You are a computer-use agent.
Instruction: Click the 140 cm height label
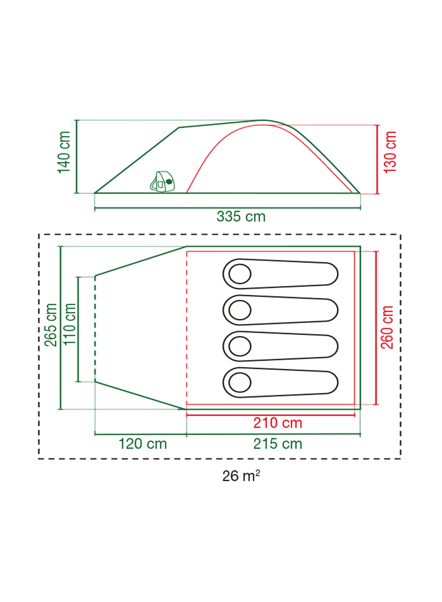coord(64,152)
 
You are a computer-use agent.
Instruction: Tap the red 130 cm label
coord(390,152)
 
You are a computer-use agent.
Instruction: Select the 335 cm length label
coord(241,216)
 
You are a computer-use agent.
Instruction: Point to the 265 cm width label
coord(50,325)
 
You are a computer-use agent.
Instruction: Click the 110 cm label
coord(70,324)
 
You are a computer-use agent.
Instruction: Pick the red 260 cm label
coord(387,327)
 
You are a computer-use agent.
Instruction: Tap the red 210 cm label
coord(278,423)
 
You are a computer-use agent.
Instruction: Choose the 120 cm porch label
coord(143,444)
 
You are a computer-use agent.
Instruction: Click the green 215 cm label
coord(278,444)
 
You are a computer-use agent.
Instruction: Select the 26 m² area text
coord(241,476)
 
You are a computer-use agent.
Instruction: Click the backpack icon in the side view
coord(162,181)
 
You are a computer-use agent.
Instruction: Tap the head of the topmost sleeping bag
coord(240,274)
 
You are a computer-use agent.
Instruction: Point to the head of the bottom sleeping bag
coord(240,382)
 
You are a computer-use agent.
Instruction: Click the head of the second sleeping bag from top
coord(240,310)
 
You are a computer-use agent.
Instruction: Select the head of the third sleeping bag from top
coord(240,346)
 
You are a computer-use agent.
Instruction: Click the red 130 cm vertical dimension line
coord(377,159)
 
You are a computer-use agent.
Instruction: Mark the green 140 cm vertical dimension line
coord(77,157)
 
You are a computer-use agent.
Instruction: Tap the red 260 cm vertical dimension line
coord(376,328)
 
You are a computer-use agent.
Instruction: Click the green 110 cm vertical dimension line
coord(78,329)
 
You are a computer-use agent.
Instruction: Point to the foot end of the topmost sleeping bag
coord(331,274)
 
